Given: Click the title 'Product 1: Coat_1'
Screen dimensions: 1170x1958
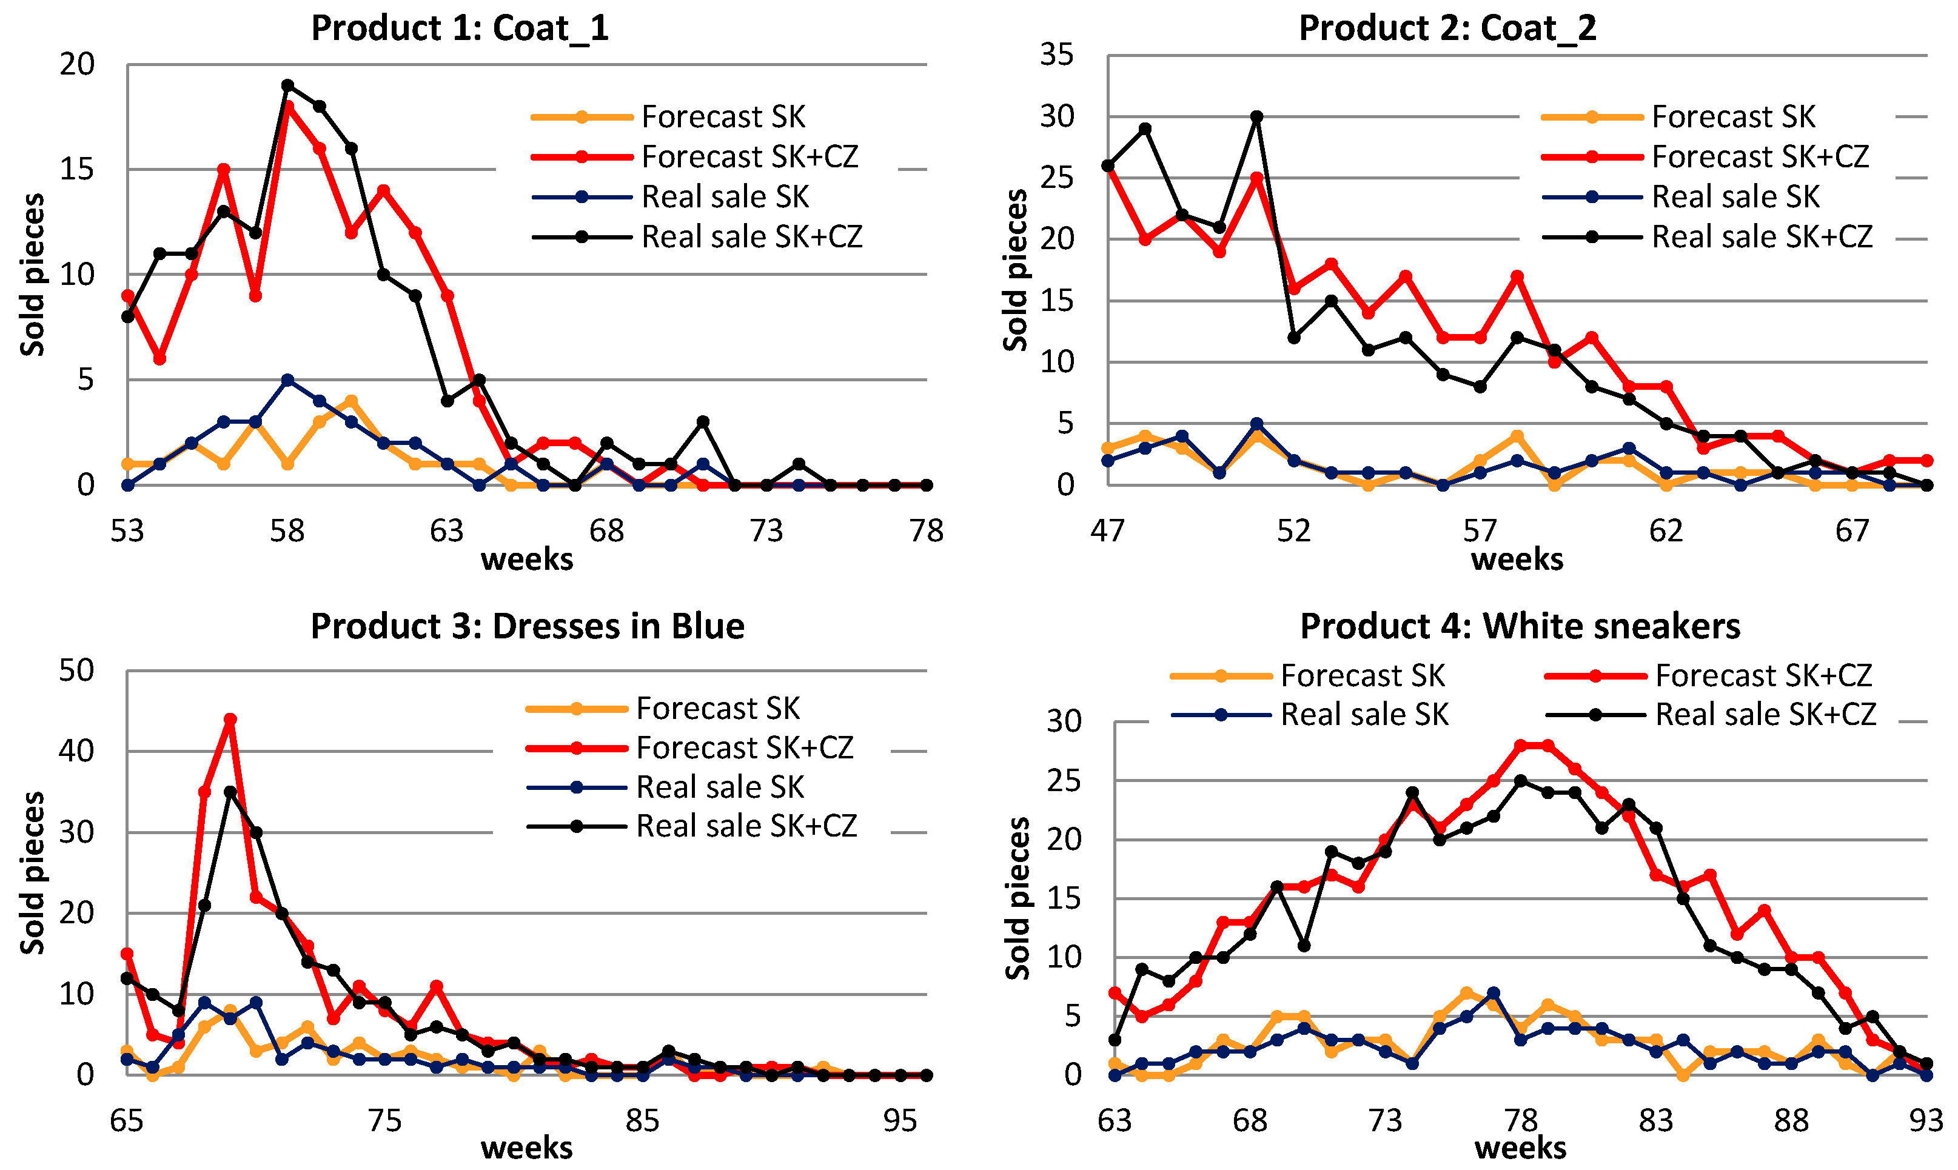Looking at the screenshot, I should pos(460,28).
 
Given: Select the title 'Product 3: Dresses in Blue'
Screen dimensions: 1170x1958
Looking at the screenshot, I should pos(527,627).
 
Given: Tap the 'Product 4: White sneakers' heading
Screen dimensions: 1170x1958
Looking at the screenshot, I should pos(1520,627).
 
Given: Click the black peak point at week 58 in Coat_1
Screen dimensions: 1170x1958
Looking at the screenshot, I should pos(288,85).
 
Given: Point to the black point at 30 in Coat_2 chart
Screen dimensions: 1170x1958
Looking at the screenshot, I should pos(1257,116).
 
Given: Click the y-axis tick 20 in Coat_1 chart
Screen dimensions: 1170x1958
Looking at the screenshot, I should pos(77,65).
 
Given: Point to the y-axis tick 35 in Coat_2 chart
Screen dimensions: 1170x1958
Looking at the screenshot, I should pos(1057,55).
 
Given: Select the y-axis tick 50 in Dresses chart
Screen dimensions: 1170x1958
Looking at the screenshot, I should pos(76,671).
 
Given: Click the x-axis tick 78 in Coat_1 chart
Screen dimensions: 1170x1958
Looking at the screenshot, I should pos(926,532).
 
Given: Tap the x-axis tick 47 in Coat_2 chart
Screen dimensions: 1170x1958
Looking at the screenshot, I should pos(1108,532).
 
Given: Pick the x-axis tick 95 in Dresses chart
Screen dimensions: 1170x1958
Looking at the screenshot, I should pos(900,1120).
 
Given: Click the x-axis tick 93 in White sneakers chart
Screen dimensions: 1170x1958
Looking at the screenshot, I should pos(1926,1120).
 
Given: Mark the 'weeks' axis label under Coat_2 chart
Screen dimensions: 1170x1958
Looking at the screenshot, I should pos(1517,559).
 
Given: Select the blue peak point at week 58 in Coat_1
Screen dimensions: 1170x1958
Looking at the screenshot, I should pos(288,380).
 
